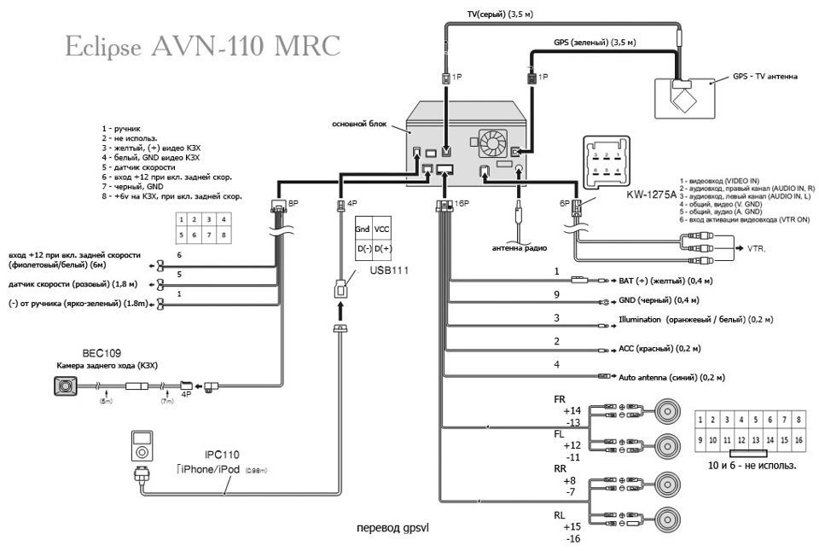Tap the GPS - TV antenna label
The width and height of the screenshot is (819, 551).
click(765, 76)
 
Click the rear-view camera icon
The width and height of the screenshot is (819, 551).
click(63, 386)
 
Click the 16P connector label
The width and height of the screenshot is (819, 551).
click(462, 204)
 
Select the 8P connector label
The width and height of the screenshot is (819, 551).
click(293, 205)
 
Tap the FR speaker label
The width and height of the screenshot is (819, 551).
click(560, 398)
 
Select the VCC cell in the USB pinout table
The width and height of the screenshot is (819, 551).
click(383, 230)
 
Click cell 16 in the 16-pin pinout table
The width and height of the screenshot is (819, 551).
click(797, 440)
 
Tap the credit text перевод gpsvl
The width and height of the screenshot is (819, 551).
click(392, 528)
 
